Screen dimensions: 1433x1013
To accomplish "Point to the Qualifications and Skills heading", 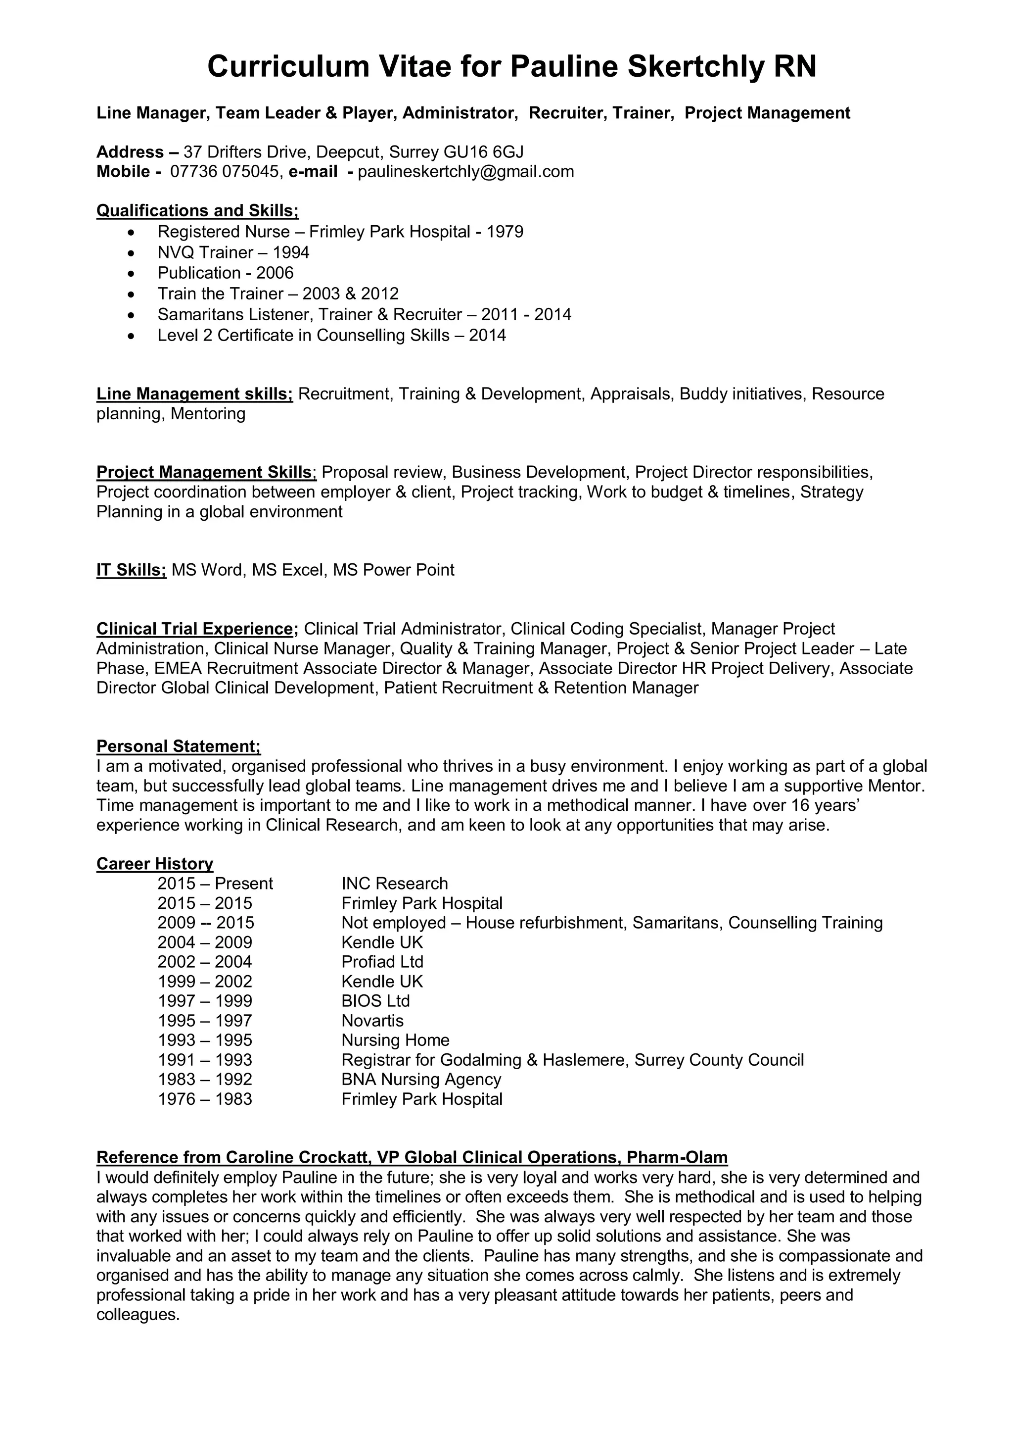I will (x=197, y=210).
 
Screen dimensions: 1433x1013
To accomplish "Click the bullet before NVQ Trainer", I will (x=131, y=253).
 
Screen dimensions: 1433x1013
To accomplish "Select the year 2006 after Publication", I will (x=275, y=273).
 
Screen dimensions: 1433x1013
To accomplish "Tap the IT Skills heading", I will (x=131, y=570).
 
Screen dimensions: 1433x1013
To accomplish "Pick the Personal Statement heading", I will (x=179, y=746).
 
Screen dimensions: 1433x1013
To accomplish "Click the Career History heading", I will (x=155, y=864).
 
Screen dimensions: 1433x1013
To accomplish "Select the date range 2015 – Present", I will (x=215, y=884).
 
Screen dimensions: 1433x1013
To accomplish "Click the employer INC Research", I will (x=394, y=884).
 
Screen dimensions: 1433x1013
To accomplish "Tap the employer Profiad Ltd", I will (x=382, y=962).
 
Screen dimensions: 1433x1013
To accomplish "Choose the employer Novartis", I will (x=372, y=1021).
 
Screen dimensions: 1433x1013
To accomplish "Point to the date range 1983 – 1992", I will (x=205, y=1080).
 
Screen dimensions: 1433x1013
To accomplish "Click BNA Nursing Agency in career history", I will (x=421, y=1080).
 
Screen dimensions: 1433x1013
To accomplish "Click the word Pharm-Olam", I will (x=677, y=1158).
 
